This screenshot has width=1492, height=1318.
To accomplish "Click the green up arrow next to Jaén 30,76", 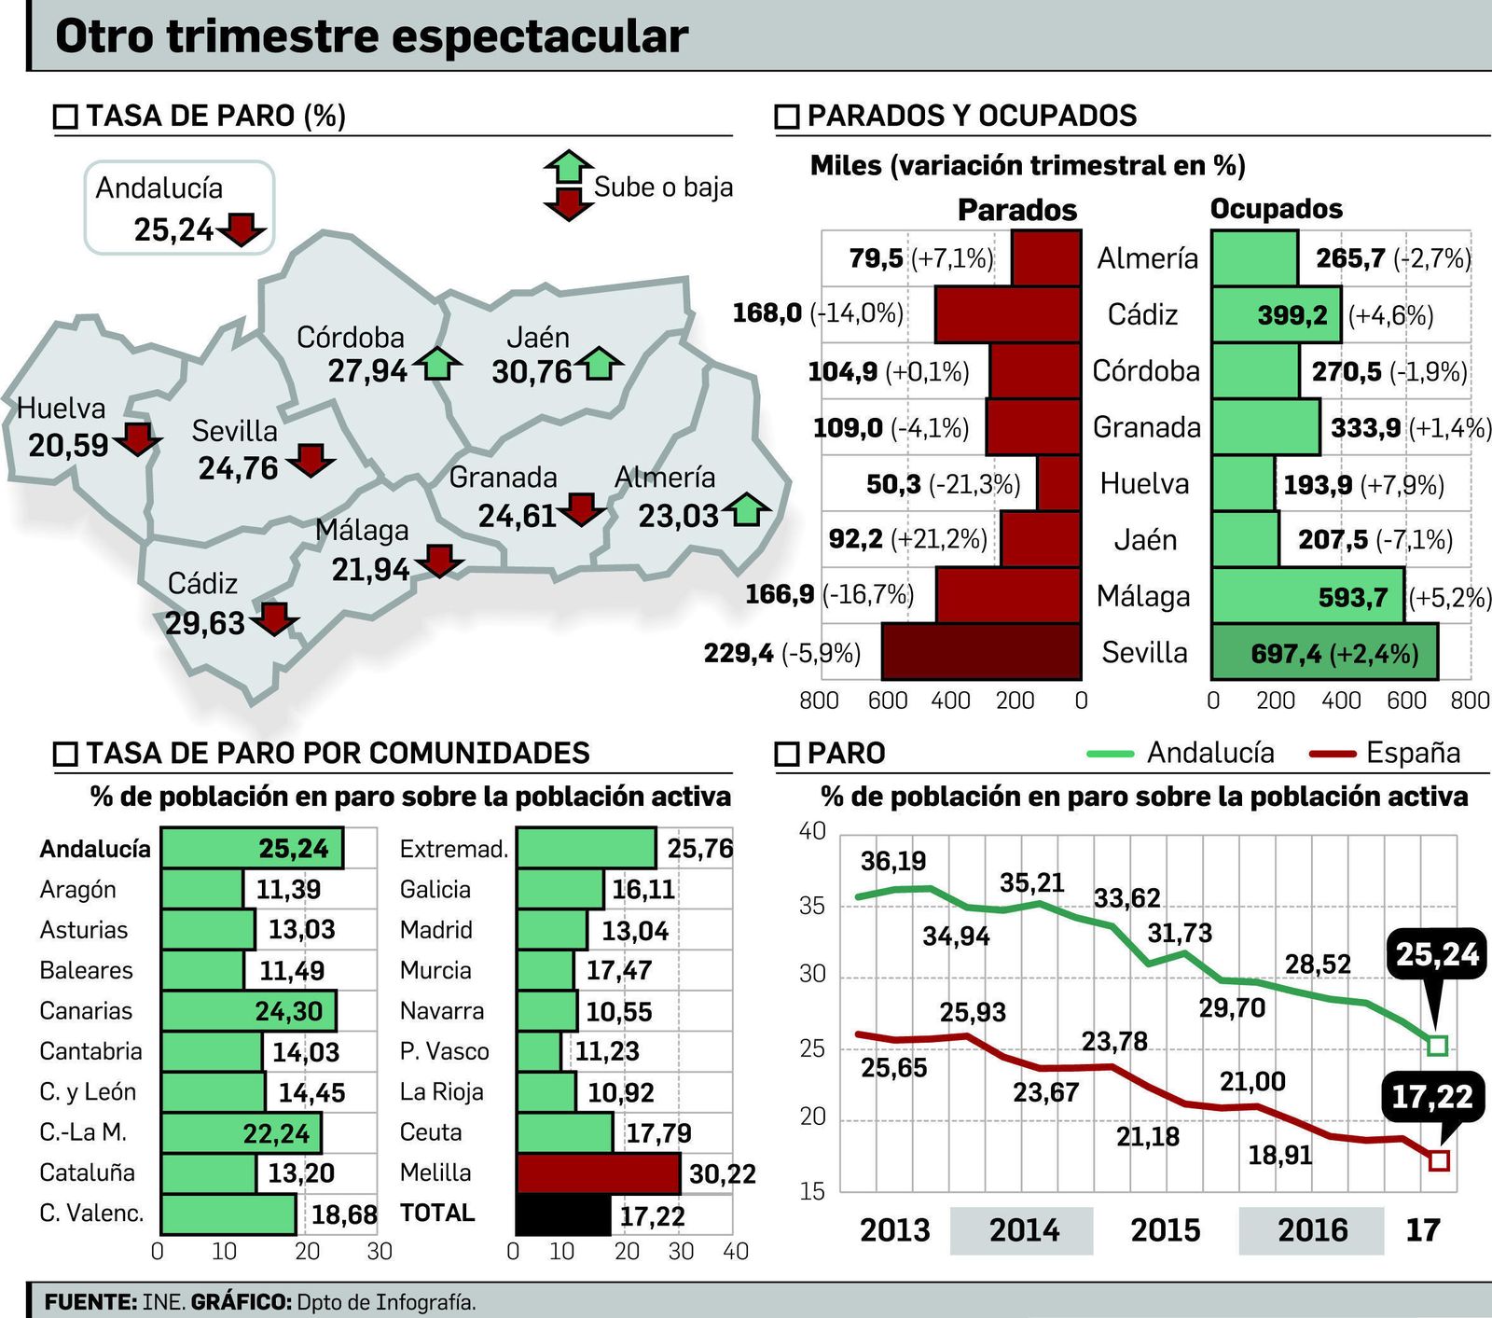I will point(599,363).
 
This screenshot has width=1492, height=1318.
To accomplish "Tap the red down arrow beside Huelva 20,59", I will point(138,438).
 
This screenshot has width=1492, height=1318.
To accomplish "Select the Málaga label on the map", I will point(362,530).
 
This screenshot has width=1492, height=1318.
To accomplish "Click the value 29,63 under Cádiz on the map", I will point(204,622).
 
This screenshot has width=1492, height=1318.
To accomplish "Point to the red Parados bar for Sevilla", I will point(981,651).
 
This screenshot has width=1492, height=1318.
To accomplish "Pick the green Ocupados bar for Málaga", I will point(1307,596).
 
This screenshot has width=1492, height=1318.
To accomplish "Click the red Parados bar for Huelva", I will point(1058,483).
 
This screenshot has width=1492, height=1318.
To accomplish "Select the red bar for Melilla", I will point(598,1173).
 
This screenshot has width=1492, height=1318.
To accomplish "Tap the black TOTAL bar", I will point(563,1214).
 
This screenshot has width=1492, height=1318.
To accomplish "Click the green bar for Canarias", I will point(247,1011).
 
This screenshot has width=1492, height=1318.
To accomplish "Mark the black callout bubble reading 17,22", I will point(1431,1097).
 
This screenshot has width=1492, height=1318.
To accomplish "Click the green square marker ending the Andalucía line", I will point(1437,1045).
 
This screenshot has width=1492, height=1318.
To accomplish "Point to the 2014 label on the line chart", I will point(1023,1229).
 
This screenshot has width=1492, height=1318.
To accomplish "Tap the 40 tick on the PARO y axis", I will point(812,831).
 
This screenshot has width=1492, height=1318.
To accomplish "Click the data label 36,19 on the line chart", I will point(892,860).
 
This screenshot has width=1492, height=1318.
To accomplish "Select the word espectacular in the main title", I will point(539,37).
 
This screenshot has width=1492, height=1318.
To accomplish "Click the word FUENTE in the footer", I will point(90,1301).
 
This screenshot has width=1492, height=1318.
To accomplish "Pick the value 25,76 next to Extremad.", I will point(699,849).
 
